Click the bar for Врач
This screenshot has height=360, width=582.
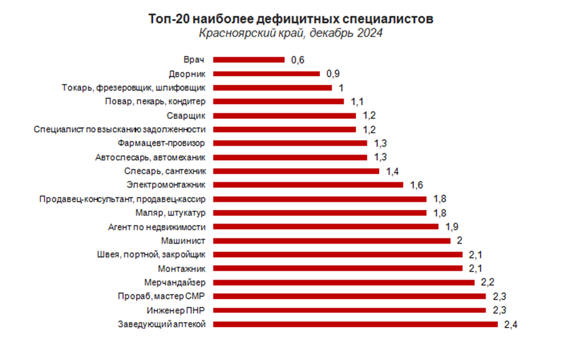[x=249, y=60]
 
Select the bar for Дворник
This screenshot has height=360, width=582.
[x=267, y=73]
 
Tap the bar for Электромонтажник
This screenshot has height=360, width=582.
[x=309, y=185]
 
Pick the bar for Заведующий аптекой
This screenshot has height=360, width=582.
[x=355, y=324]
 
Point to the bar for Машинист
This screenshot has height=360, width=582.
[x=332, y=240]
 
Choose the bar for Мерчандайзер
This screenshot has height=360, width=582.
[x=344, y=282]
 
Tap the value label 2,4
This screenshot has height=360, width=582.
[x=510, y=324]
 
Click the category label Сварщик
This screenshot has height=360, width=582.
[x=187, y=115]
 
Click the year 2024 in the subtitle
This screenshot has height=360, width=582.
[x=369, y=34]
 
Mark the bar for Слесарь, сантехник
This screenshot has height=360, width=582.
[x=296, y=171]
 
